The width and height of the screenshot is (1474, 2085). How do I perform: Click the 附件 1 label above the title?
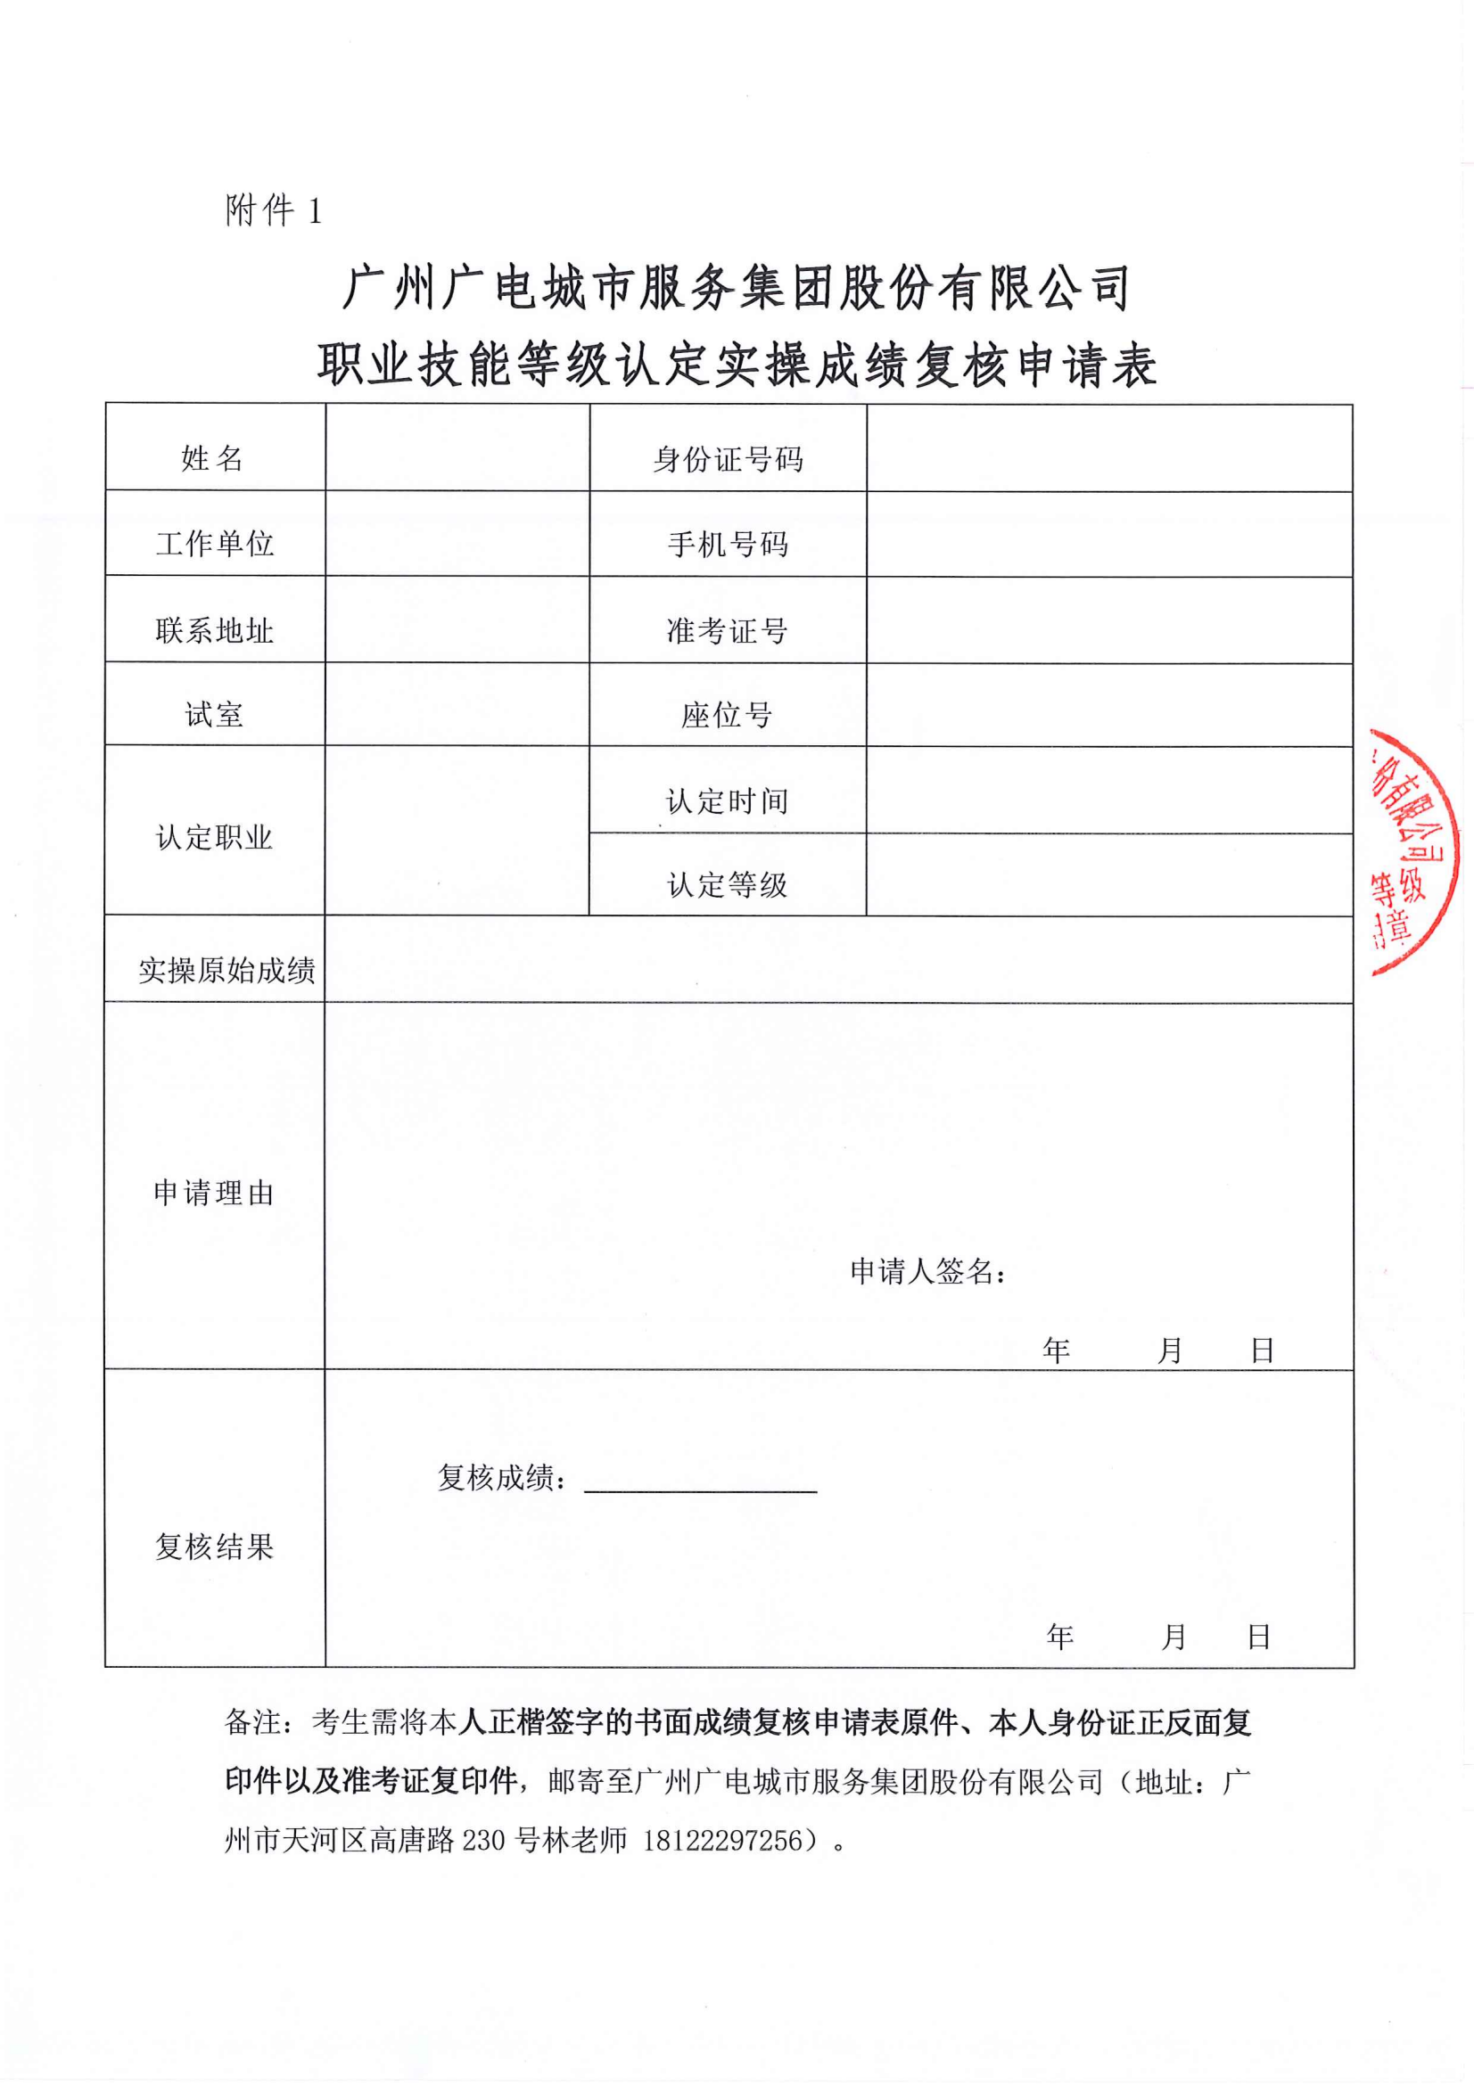coord(273,211)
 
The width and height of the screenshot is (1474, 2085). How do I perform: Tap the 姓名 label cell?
coord(212,458)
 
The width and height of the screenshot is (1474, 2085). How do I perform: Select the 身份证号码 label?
coord(728,459)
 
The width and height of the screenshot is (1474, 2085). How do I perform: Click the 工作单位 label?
coord(214,544)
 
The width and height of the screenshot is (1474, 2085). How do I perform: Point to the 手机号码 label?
coord(728,545)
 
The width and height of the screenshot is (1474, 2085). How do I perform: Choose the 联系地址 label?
coord(214,630)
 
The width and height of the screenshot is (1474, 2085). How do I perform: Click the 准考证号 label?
coord(727,630)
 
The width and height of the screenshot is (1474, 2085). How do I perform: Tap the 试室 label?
coord(214,715)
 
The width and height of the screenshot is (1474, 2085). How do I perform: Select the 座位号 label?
coord(727,716)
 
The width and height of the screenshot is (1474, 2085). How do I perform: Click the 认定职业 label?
coord(214,837)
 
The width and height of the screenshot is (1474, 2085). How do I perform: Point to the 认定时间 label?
coord(727,801)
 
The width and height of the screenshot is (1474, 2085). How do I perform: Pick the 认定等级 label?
coord(727,884)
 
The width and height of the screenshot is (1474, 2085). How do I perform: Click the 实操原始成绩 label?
coord(226,971)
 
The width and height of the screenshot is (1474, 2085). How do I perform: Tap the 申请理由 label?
coord(214,1193)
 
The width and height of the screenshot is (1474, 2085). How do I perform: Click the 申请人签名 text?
coord(926,1271)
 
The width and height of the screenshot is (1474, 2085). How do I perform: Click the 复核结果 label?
coord(214,1546)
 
